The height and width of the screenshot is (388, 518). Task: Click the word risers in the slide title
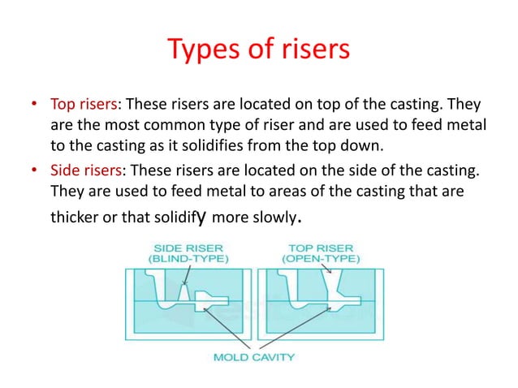(312, 50)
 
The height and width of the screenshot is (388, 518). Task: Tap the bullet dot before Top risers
(34, 105)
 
